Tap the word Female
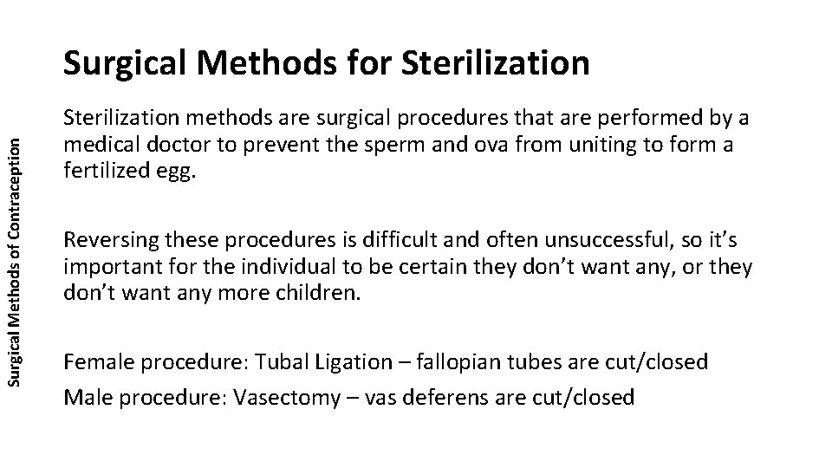click(93, 361)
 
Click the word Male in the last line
click(84, 397)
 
